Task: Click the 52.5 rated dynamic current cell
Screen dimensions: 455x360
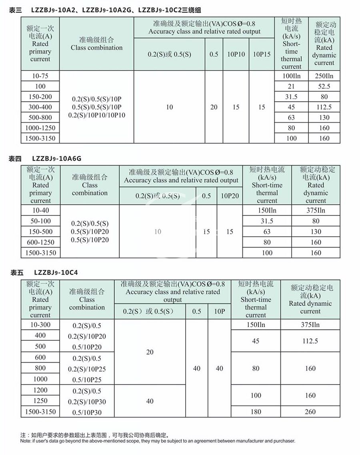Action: (324, 86)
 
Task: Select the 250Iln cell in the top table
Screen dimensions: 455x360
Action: (324, 76)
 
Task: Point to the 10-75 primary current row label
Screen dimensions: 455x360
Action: (40, 76)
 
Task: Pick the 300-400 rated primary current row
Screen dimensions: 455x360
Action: (40, 107)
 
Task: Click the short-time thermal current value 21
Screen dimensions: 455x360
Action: (291, 86)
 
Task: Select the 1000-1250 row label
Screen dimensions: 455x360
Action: (40, 128)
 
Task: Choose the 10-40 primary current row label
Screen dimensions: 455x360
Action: (40, 210)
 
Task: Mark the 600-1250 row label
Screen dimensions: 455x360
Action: (40, 242)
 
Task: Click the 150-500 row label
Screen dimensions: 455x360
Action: (40, 231)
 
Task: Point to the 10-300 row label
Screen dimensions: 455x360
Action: (40, 325)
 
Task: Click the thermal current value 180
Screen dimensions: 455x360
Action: (256, 411)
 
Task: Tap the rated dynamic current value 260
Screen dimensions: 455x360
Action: (310, 411)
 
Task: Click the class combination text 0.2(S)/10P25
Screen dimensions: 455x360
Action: (87, 369)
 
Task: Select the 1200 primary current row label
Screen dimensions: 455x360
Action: (40, 390)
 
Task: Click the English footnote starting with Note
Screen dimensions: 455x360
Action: (158, 441)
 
